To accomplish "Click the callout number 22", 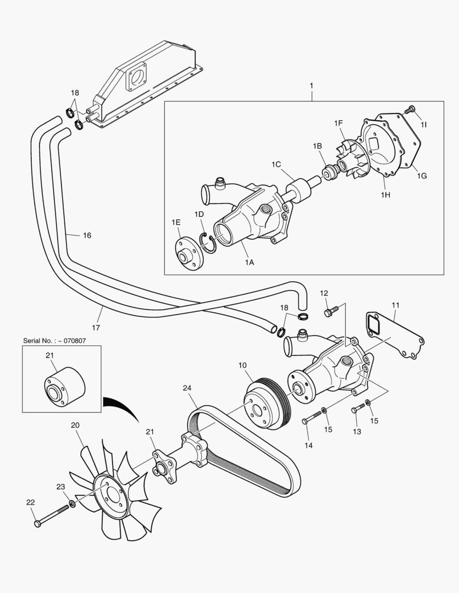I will pyautogui.click(x=30, y=502).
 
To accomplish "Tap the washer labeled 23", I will pyautogui.click(x=73, y=504).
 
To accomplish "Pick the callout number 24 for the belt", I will pyautogui.click(x=187, y=388).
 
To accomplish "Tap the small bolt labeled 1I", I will pyautogui.click(x=408, y=110).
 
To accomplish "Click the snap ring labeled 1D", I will pyautogui.click(x=208, y=243).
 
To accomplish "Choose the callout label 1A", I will pyautogui.click(x=249, y=262).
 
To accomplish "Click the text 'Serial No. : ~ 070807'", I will pyautogui.click(x=54, y=340).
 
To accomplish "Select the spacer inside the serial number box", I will pyautogui.click(x=64, y=387).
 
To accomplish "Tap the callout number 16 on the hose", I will pyautogui.click(x=87, y=235).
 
